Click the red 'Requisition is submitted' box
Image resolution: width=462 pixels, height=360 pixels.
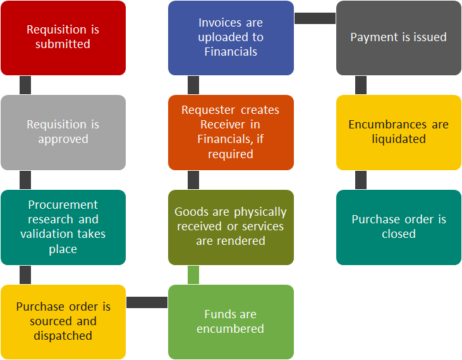63,38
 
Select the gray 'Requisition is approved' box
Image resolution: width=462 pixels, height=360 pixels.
63,132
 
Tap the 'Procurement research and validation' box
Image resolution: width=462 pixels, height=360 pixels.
63,227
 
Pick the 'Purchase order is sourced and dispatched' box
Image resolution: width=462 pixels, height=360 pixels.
63,322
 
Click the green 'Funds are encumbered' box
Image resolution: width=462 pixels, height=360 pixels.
231,322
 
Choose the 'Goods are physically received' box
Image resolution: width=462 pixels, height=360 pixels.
231,227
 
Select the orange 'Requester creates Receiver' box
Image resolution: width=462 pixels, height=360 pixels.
231,132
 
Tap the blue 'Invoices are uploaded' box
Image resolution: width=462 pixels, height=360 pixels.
231,38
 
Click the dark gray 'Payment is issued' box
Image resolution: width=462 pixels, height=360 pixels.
399,38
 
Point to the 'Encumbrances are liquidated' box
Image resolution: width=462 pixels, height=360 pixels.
399,132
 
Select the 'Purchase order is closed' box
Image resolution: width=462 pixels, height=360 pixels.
399,227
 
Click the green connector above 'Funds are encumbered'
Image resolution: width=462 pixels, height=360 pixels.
193,275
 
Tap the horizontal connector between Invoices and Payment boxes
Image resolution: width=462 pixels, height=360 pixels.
315,18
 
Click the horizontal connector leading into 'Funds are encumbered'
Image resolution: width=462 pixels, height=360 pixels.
147,302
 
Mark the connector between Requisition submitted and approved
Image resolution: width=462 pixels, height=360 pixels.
25,85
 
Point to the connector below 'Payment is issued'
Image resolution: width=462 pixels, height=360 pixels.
361,85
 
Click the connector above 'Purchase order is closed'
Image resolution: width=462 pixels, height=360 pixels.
361,180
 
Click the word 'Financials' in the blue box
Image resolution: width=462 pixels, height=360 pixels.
231,52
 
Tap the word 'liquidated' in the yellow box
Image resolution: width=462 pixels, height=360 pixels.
399,139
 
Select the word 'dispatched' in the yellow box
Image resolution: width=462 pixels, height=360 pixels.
63,336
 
